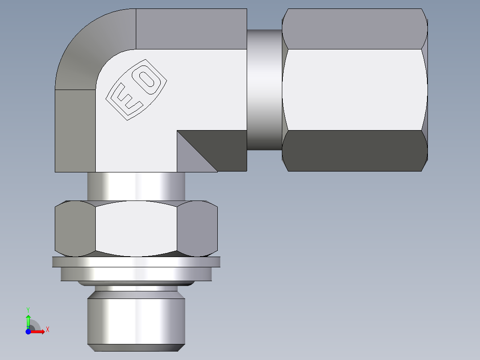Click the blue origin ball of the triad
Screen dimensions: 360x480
pyautogui.click(x=28, y=331)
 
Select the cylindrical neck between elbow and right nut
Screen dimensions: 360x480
pyautogui.click(x=264, y=89)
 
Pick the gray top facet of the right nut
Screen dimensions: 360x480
pyautogui.click(x=354, y=29)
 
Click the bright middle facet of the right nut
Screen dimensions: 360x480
pyautogui.click(x=354, y=89)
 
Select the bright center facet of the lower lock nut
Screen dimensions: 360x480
pyautogui.click(x=136, y=228)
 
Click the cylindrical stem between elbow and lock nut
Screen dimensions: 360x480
pyautogui.click(x=136, y=186)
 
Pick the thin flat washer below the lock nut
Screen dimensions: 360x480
pyautogui.click(x=136, y=262)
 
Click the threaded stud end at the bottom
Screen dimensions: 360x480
pyautogui.click(x=136, y=321)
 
